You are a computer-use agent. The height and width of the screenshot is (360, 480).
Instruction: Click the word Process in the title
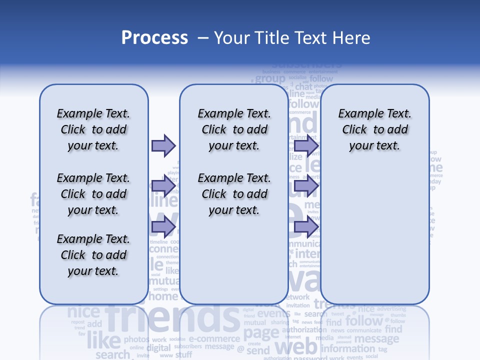pos(154,38)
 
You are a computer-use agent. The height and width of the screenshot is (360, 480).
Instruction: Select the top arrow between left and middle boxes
pos(163,145)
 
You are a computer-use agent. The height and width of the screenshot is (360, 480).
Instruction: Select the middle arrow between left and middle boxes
pos(163,186)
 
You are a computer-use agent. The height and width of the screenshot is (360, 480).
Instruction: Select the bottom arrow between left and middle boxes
pos(163,227)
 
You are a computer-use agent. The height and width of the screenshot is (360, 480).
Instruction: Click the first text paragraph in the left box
pos(93,129)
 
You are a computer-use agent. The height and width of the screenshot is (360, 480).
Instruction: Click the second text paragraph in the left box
pos(93,194)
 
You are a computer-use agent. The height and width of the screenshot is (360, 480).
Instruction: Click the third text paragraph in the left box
pos(93,255)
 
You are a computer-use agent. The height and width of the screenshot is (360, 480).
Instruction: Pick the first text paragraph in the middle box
pos(234,129)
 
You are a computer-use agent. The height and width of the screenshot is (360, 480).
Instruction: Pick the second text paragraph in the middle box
pos(234,194)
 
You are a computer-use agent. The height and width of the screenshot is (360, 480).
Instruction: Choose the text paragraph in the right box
pos(374,129)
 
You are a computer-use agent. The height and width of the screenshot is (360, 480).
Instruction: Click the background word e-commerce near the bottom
pos(214,338)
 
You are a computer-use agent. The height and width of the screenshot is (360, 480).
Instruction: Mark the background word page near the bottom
pos(261,332)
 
